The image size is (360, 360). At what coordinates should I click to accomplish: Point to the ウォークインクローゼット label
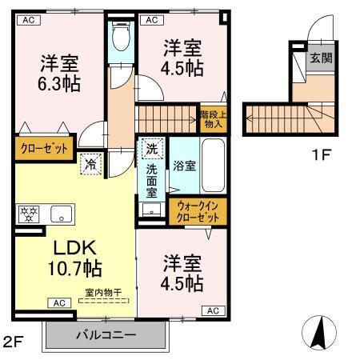(199, 212)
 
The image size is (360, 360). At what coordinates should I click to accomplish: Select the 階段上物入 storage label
(212, 118)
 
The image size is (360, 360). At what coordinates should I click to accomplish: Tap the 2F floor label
(14, 342)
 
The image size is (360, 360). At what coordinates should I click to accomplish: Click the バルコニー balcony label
(106, 334)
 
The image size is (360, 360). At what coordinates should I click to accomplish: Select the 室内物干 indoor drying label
(104, 293)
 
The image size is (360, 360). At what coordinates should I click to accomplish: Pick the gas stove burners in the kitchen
(28, 214)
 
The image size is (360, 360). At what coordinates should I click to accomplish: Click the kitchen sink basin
(61, 214)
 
